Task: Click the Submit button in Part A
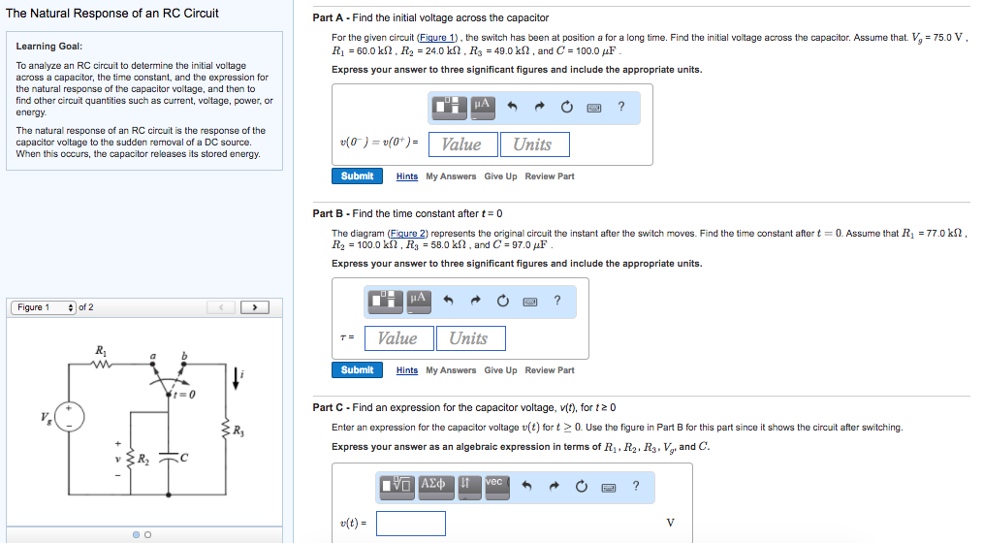pos(357,176)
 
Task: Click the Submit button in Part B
pos(357,370)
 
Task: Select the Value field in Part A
pos(461,144)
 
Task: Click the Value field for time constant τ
pos(397,338)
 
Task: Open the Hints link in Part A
pos(407,176)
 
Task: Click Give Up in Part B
pos(500,370)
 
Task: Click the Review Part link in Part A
pos(550,176)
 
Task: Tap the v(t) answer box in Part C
pos(411,524)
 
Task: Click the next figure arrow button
pos(254,307)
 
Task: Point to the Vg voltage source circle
pos(70,418)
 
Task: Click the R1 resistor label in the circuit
pos(101,349)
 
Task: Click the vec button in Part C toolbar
pos(493,483)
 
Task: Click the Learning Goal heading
pos(49,47)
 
